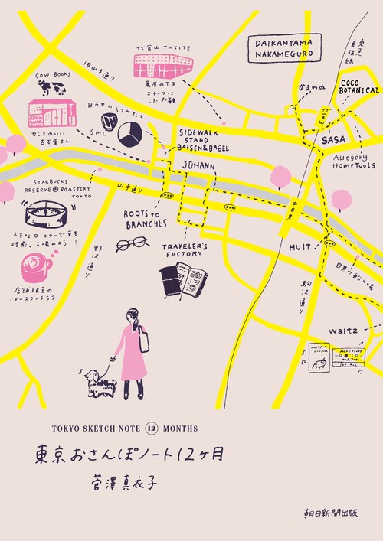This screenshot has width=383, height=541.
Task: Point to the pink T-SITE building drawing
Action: (x=162, y=67)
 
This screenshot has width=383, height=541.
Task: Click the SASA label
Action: (x=334, y=140)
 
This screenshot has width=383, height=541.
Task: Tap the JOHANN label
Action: (x=197, y=165)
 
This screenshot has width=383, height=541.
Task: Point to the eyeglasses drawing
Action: (x=132, y=243)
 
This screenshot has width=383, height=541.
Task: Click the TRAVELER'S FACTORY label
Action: (x=185, y=251)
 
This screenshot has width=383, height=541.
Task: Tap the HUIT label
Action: (x=300, y=246)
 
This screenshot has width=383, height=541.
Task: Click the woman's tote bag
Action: (x=143, y=338)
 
